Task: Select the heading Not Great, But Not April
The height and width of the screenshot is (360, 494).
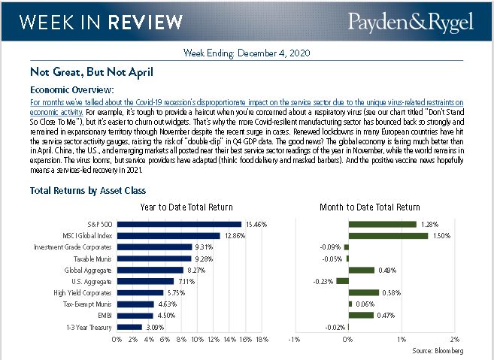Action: coord(92,73)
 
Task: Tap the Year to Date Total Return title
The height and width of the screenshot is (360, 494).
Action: coord(186,207)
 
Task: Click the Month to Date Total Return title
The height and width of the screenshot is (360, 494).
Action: coord(370,207)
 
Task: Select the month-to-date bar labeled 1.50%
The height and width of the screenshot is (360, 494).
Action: coord(388,235)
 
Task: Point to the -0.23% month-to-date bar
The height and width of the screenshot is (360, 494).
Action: coord(342,281)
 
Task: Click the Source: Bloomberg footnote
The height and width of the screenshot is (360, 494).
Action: coord(438,351)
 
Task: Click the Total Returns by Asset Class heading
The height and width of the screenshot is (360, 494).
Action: coord(88,191)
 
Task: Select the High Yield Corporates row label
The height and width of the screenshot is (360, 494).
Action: coord(88,292)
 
